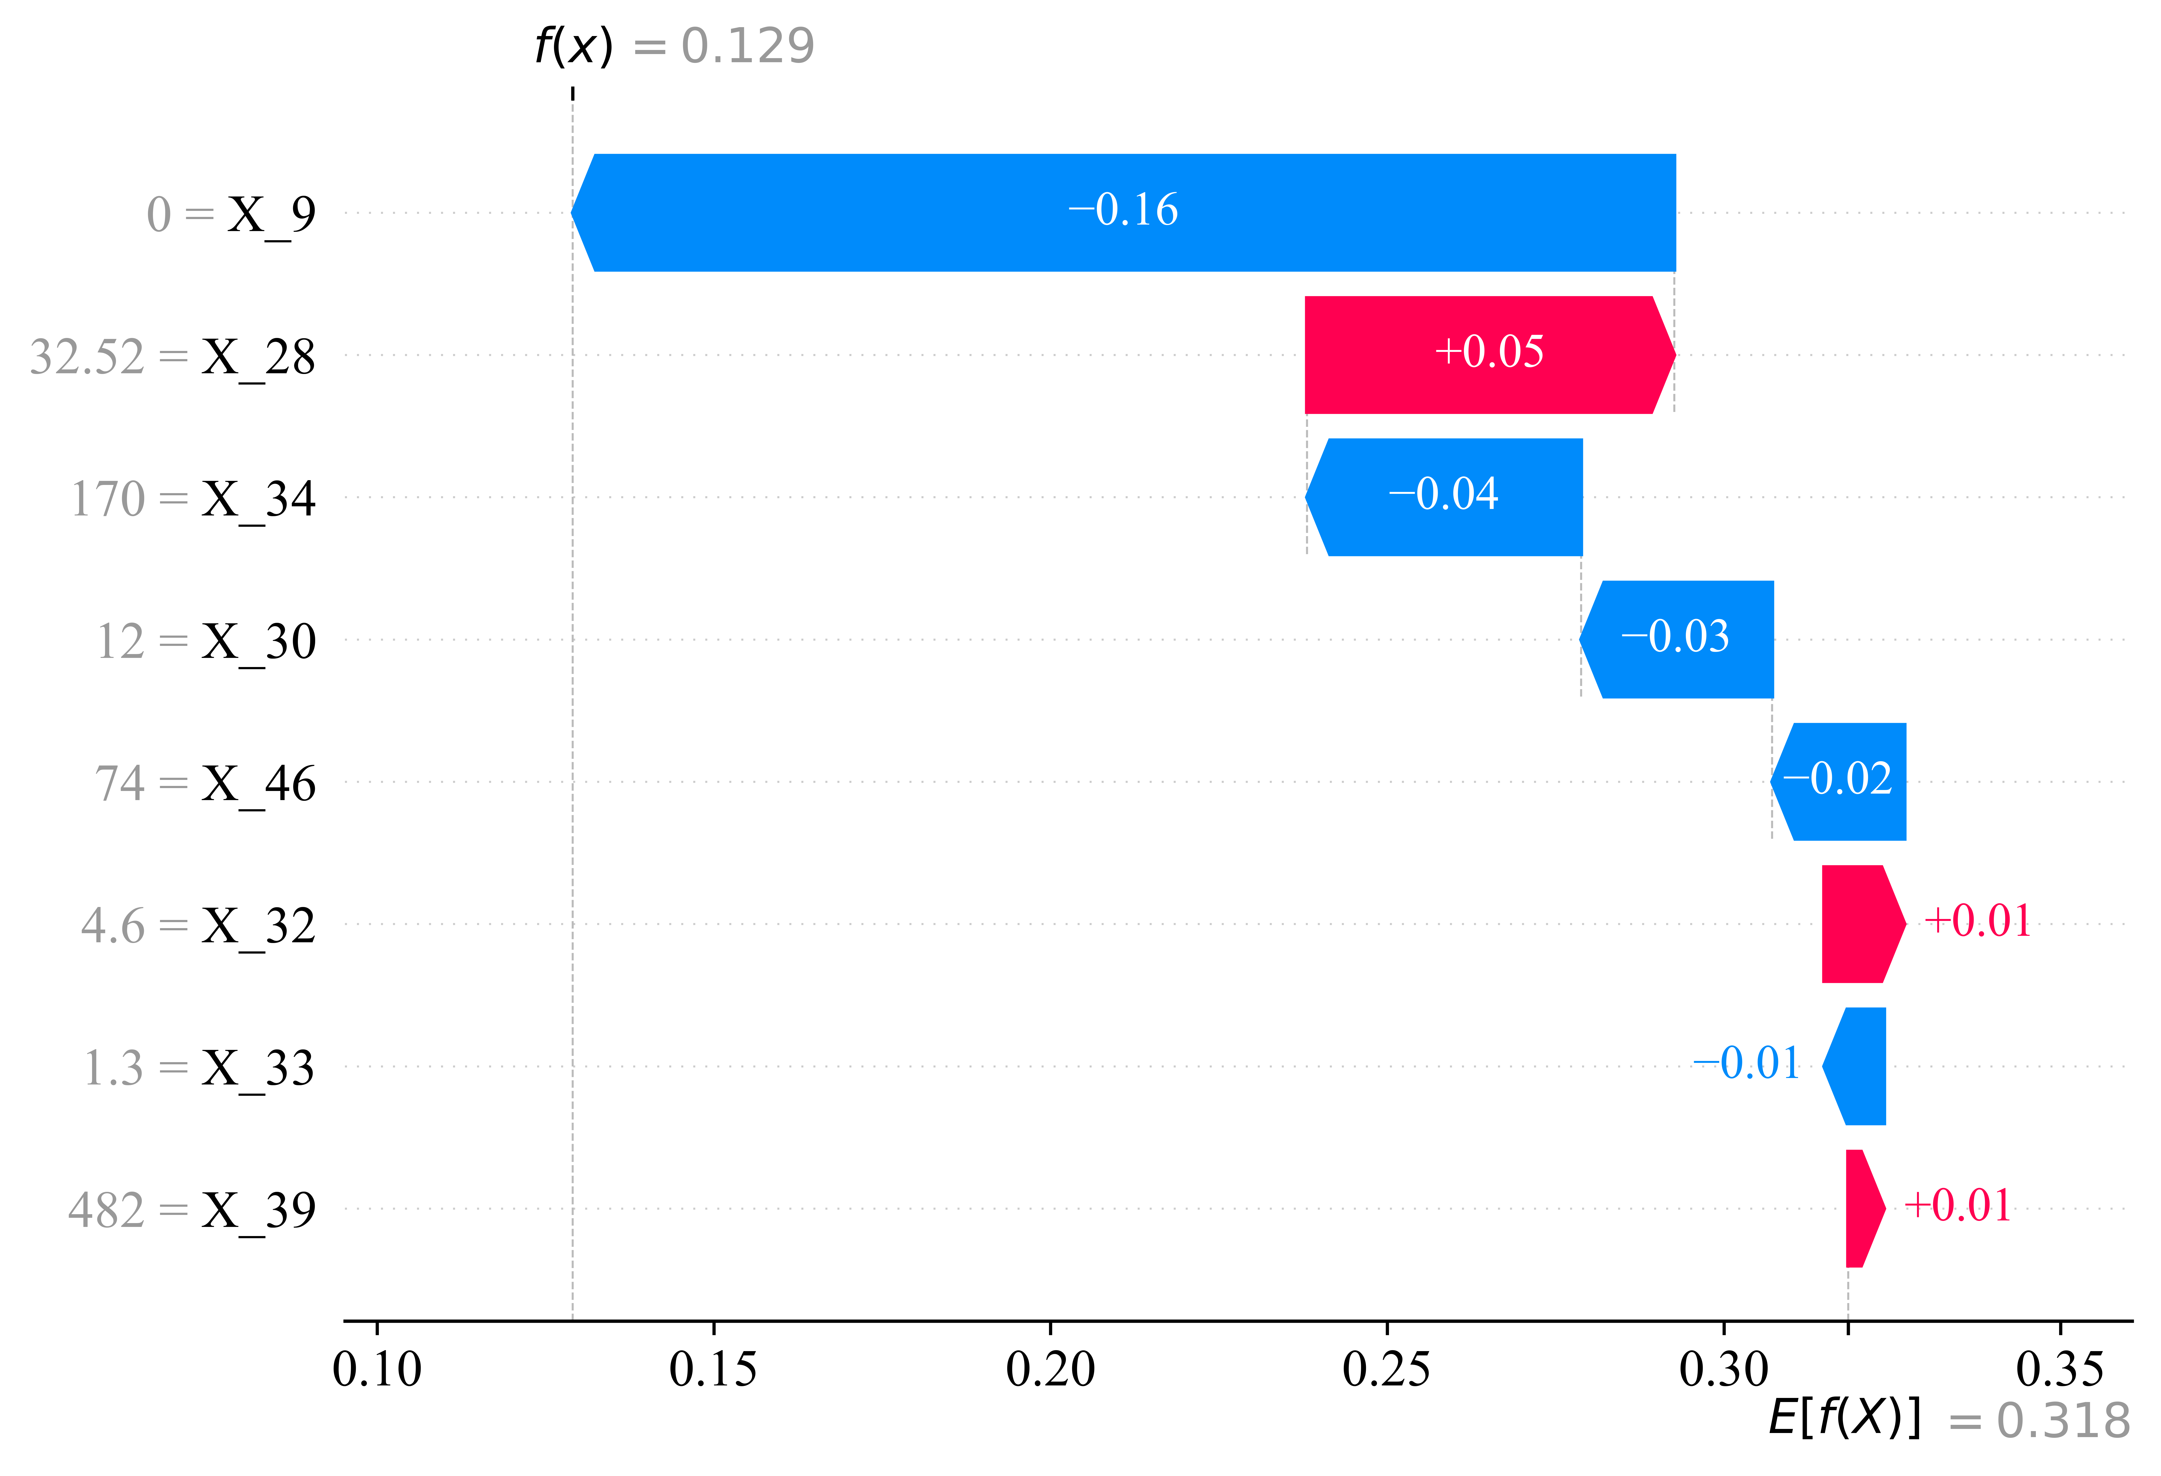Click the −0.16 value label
[1123, 210]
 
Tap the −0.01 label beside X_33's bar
[1746, 1063]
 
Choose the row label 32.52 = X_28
[173, 357]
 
